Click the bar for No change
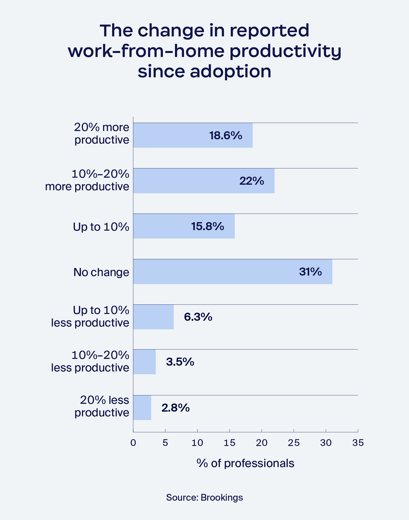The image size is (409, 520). point(233,272)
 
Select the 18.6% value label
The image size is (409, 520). point(225,136)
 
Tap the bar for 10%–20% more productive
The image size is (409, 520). point(204,181)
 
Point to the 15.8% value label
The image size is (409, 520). point(207,226)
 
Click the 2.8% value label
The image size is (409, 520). point(175,408)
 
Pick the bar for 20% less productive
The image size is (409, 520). point(142,408)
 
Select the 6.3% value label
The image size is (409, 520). point(198,317)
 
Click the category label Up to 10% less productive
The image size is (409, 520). point(90,316)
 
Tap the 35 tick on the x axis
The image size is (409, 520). point(358,443)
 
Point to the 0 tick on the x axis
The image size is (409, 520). point(133,443)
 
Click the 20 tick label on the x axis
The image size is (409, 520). point(261,443)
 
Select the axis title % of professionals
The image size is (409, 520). point(245,463)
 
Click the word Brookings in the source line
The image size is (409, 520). point(222,497)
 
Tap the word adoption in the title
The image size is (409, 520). point(231,72)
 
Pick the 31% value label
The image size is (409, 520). point(310,272)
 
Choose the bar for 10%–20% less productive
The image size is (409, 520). point(144,362)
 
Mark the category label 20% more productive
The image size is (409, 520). point(102,134)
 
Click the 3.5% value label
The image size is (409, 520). point(180,362)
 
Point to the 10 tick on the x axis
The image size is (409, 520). point(197,443)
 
